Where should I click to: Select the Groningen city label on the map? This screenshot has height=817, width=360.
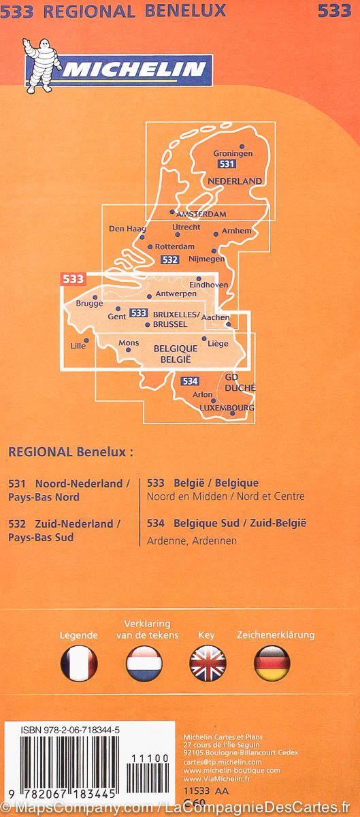point(232,154)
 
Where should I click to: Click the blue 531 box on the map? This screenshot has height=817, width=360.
point(227,165)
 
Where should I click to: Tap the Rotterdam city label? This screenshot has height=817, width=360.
point(175,246)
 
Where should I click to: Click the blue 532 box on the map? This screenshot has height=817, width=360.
point(171,259)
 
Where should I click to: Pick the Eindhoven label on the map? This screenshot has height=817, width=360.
point(212,285)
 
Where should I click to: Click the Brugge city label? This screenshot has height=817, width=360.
point(89,304)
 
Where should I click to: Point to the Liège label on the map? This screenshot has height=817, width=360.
point(218,344)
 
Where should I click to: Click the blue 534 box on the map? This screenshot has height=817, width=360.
point(191,381)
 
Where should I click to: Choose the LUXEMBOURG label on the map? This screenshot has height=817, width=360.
point(227,408)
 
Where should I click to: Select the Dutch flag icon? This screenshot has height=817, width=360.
point(144,663)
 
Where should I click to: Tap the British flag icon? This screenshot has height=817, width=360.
point(208,663)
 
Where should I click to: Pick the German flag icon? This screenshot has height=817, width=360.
point(272,663)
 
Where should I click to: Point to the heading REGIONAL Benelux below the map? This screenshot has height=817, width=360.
point(71,451)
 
